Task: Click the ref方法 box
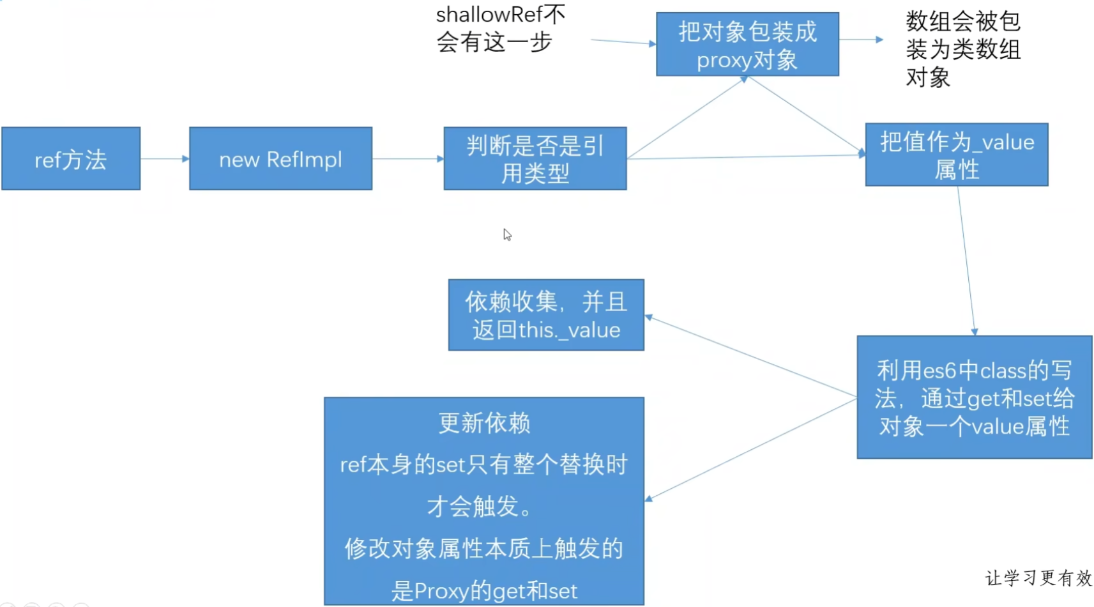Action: pyautogui.click(x=71, y=158)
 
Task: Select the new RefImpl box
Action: pyautogui.click(x=280, y=158)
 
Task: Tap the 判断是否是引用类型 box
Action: pyautogui.click(x=535, y=158)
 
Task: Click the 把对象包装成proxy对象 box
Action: pyautogui.click(x=747, y=45)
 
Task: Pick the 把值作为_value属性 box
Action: pyautogui.click(x=956, y=155)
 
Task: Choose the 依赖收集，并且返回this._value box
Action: pyautogui.click(x=546, y=315)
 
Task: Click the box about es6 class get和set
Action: pyautogui.click(x=974, y=397)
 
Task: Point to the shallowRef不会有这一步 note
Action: pyautogui.click(x=500, y=29)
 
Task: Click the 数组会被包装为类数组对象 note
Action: pyautogui.click(x=962, y=49)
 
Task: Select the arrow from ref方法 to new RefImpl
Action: pyautogui.click(x=165, y=158)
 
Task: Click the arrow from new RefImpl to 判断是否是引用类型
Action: pyautogui.click(x=407, y=158)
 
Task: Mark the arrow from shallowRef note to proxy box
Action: pyautogui.click(x=623, y=42)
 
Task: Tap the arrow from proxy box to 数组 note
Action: pyautogui.click(x=861, y=40)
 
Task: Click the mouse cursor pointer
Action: pyautogui.click(x=506, y=234)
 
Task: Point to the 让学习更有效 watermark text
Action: pyautogui.click(x=1038, y=578)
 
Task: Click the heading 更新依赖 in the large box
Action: pyautogui.click(x=484, y=423)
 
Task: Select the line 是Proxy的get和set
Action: pyautogui.click(x=484, y=591)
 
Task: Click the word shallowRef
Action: pyautogui.click(x=489, y=14)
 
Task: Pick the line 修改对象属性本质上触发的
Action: pyautogui.click(x=484, y=549)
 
